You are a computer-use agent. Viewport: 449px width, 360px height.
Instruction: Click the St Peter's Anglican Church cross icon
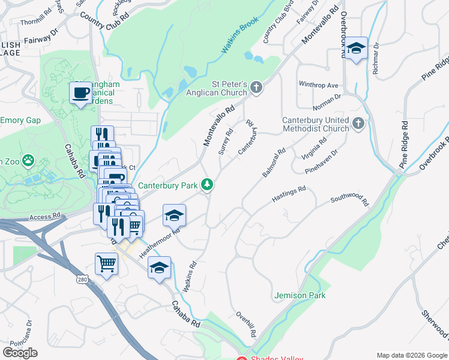tap(256, 88)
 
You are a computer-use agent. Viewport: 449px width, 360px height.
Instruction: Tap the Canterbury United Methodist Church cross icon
tap(358, 124)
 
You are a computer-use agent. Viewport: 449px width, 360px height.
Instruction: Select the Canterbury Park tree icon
tap(207, 184)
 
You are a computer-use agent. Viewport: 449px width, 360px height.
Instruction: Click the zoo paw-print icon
tap(28, 161)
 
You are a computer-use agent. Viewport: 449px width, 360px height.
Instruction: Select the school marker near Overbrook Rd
tap(357, 49)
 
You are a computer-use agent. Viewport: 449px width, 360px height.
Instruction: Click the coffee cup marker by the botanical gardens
tap(80, 93)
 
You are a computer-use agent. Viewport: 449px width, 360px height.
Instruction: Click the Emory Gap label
tap(20, 121)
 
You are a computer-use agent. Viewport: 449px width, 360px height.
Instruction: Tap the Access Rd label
tap(45, 216)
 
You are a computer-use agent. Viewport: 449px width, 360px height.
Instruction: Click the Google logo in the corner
tap(20, 353)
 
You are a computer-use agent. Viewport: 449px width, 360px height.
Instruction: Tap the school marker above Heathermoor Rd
tap(175, 215)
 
